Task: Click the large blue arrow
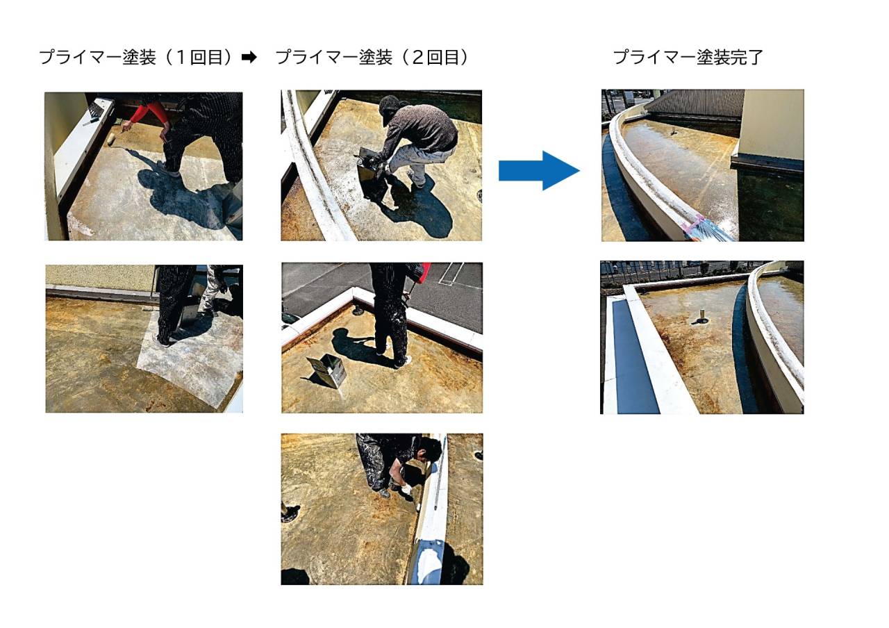pos(539,171)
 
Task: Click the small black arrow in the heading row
pos(249,58)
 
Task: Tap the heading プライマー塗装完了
pos(688,58)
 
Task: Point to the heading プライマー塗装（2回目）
pos(373,58)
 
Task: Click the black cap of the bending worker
pos(388,105)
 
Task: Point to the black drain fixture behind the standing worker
pos(358,310)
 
